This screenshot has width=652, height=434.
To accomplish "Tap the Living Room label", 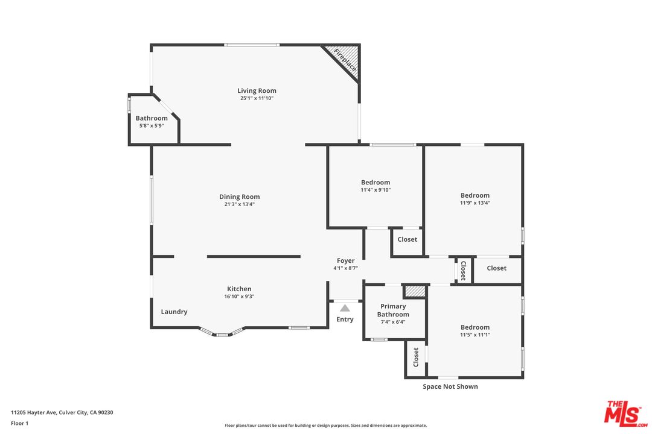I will (257, 91).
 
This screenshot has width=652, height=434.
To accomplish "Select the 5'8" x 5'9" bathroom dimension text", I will (152, 125).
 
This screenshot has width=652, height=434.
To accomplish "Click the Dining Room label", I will (240, 197).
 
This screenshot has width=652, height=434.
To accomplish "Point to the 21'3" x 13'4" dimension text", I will (240, 204).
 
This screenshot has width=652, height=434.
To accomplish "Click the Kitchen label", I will (239, 289).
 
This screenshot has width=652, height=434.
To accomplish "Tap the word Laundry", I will (174, 312).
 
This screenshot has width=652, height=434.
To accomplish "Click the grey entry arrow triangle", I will (345, 308).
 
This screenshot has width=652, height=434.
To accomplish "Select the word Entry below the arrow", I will (345, 319).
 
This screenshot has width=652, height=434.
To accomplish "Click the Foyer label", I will (346, 260).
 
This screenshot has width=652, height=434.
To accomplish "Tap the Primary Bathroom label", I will (393, 310).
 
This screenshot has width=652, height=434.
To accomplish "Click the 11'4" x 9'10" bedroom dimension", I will (376, 190).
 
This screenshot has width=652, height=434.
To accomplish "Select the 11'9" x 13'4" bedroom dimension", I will (475, 203).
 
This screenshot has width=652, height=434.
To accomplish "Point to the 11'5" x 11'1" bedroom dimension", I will (475, 335).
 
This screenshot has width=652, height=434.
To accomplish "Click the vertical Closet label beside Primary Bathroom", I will (416, 357).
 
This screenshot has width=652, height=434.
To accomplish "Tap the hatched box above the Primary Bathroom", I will (415, 291).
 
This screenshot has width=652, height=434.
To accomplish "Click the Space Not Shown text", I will (450, 386).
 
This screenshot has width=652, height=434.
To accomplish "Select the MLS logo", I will (625, 412).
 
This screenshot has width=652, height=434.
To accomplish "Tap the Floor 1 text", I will (19, 423).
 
